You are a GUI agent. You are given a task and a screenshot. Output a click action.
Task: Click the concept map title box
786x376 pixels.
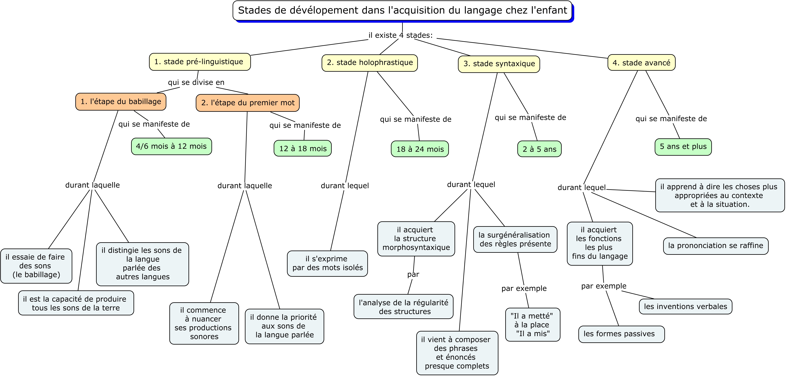[x=402, y=11]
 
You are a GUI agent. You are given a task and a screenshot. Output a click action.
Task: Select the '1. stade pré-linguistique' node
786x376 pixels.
[x=200, y=62]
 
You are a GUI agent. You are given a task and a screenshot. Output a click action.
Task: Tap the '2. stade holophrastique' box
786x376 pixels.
[x=370, y=63]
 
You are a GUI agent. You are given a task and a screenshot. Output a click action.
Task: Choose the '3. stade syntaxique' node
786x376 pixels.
[x=499, y=64]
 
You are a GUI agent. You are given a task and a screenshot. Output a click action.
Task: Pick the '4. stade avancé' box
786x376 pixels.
[x=641, y=63]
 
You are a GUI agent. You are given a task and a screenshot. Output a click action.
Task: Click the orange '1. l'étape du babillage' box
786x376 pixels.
[x=121, y=102]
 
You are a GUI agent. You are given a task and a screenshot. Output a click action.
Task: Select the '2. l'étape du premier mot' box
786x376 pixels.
[x=248, y=103]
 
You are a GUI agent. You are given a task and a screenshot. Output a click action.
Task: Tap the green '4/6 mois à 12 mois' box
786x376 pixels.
[x=172, y=146]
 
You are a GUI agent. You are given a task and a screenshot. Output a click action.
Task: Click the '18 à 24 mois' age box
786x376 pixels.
[x=420, y=149]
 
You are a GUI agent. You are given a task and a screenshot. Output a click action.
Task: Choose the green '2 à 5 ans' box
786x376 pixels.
[x=540, y=149]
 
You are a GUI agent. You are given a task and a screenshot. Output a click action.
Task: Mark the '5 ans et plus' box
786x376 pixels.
[x=683, y=147]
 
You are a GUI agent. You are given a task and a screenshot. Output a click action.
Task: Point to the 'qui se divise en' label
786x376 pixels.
[x=196, y=82]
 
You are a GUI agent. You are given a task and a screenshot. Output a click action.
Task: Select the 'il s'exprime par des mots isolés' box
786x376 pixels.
[x=327, y=264]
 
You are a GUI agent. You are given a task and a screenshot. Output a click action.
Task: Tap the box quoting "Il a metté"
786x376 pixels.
[x=533, y=325]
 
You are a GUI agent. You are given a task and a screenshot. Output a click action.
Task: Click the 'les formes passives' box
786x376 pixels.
[x=621, y=334]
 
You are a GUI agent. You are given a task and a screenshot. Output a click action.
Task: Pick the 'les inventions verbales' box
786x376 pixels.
[x=686, y=306]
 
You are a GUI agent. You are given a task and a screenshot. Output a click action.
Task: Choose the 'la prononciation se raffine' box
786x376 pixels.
[x=716, y=246]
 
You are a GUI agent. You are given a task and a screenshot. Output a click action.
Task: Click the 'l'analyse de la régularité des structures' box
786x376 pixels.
[x=403, y=307]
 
